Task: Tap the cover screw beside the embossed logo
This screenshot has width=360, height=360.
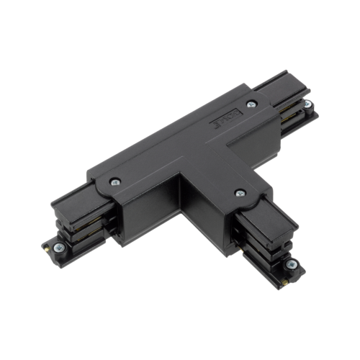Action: coord(250,106)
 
